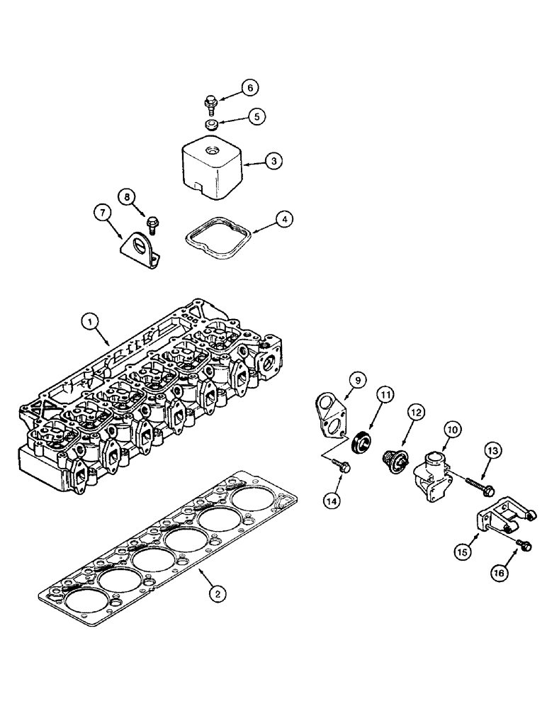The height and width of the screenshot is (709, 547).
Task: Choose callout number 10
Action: point(451,428)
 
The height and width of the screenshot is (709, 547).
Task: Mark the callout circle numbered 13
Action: point(494,449)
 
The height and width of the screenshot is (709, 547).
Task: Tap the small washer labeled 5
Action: point(210,125)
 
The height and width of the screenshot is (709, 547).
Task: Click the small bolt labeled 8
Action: point(151,225)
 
